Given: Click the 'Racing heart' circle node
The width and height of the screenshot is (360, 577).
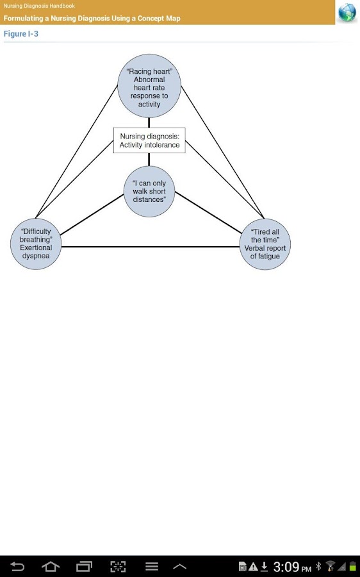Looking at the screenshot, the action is click(149, 86).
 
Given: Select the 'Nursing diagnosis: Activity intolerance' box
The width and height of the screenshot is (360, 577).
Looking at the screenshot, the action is click(149, 140).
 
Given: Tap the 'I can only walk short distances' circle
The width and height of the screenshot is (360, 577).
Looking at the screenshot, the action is click(149, 191).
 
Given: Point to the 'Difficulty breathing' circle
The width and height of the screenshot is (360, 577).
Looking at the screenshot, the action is click(36, 244).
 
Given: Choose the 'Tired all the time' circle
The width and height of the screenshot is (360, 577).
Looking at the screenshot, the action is click(265, 244).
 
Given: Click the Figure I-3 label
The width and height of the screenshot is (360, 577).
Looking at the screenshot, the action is click(21, 34).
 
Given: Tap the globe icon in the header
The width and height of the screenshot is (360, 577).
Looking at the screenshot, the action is click(347, 13).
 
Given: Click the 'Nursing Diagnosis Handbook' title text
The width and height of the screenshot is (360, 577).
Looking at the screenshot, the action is click(39, 6).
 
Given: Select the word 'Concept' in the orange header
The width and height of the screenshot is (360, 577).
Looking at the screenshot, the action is click(151, 19).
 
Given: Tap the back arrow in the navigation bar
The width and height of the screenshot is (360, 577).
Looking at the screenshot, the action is click(17, 566).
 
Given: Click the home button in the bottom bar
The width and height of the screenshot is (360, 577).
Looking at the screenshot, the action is click(51, 566).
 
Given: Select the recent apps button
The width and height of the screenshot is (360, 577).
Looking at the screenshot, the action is click(84, 566).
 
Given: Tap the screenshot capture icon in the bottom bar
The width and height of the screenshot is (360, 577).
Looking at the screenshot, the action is click(118, 566).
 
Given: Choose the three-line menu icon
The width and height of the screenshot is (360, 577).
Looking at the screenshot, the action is click(152, 566).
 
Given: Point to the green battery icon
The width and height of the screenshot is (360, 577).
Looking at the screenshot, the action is click(353, 567).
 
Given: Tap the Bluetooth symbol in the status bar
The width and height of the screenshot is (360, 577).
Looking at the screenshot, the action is click(318, 566).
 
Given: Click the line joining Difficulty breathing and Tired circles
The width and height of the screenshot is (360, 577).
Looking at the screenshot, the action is click(151, 247).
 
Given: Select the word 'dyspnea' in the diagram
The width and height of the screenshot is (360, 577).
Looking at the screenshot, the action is click(36, 256).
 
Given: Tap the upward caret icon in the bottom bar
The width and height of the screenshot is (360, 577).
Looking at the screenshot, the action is click(179, 567).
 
